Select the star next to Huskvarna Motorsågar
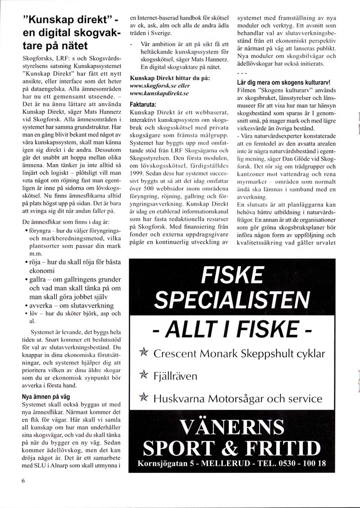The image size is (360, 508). (x=144, y=397)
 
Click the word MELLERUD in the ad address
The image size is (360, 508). (x=226, y=463)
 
